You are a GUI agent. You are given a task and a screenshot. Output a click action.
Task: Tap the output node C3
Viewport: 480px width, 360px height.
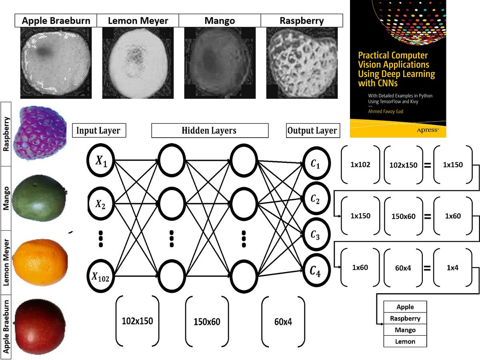point(316,236)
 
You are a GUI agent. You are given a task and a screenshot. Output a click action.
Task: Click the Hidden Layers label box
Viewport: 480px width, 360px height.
point(209,130)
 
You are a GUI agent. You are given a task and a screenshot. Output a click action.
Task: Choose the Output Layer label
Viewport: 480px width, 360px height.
point(312,130)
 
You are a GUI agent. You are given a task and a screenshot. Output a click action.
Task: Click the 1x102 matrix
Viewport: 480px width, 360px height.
point(360,164)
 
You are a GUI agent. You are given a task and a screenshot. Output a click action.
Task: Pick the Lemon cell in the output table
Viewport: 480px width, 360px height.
point(405,341)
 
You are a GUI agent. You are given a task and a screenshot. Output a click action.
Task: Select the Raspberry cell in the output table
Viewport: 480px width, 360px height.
point(405,318)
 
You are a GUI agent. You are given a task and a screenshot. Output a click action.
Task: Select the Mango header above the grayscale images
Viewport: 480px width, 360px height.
point(219,20)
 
